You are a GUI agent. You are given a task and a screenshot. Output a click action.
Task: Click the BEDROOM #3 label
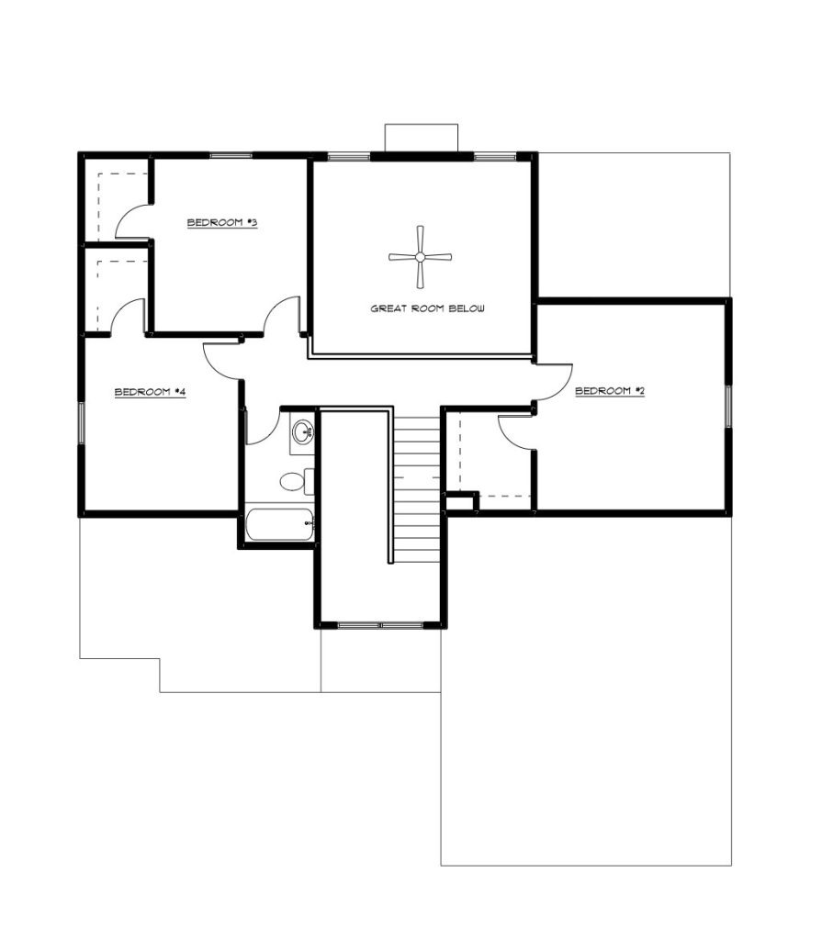pos(221,223)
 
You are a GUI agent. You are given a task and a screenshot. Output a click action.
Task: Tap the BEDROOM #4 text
pos(151,393)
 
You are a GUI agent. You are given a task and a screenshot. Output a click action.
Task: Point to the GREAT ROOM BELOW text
pos(427,309)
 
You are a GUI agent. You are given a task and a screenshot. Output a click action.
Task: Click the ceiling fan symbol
pos(420,258)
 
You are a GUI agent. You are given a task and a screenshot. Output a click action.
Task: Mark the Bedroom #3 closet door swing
pos(131,220)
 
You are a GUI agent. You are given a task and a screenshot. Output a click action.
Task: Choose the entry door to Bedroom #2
pos(551,383)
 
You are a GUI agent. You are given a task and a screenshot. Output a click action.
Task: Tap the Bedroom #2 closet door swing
pos(516,431)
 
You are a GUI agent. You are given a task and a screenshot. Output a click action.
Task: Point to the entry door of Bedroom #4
pos(223,361)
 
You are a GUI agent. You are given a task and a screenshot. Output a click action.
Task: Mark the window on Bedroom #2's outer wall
pos(728,407)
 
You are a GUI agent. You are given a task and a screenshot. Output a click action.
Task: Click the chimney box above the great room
pos(421,137)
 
